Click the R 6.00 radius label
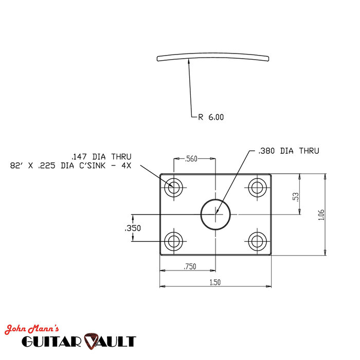[211, 117]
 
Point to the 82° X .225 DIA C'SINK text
[71, 166]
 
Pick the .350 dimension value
[133, 228]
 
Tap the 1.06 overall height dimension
[321, 214]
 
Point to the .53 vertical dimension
[295, 196]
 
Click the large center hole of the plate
[215, 214]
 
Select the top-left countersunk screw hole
[174, 187]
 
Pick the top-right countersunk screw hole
[256, 187]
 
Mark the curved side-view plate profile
[213, 57]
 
